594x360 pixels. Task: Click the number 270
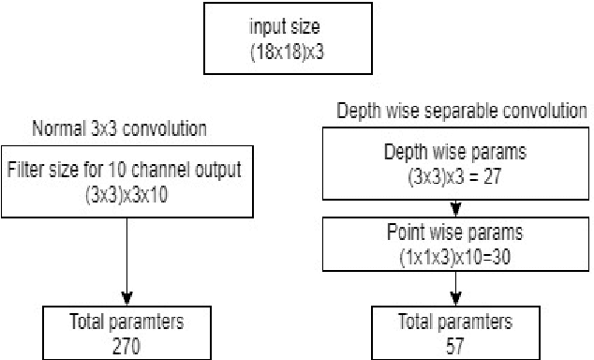click(126, 347)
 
